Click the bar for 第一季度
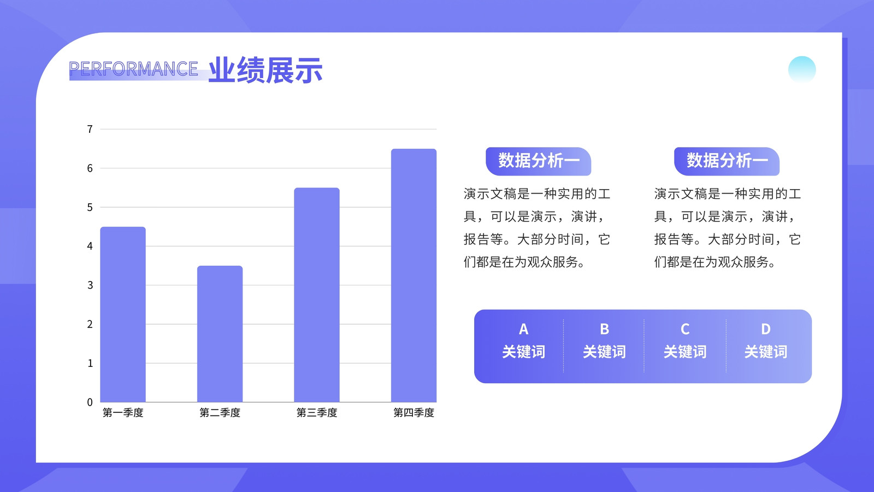[123, 314]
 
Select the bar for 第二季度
[220, 334]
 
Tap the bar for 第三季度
[317, 295]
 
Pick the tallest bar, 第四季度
[414, 276]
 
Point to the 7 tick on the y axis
[90, 129]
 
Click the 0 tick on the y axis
[90, 402]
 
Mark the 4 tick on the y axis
[90, 246]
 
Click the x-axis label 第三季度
[317, 413]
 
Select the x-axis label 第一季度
[123, 413]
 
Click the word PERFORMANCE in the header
[133, 69]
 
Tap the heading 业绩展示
[265, 70]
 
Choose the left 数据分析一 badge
[539, 161]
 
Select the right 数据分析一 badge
[727, 161]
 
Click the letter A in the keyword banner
[524, 329]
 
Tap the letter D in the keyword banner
[765, 329]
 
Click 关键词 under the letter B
[604, 352]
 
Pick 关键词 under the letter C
[685, 352]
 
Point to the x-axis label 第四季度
[414, 413]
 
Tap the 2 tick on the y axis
[90, 324]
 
